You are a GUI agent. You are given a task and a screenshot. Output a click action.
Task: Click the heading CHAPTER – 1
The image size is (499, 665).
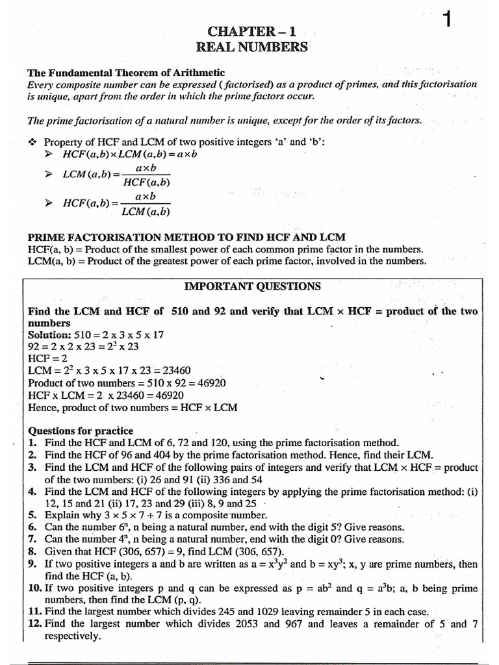254,31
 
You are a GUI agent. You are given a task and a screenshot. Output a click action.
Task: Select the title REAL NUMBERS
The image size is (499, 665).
253,47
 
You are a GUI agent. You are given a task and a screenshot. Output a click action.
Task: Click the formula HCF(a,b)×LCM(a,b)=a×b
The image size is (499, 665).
129,155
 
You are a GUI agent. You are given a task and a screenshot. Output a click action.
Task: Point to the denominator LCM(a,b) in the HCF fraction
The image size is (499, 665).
146,211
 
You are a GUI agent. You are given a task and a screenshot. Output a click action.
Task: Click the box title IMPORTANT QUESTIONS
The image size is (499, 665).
253,286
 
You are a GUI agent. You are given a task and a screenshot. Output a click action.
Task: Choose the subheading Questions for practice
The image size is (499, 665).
81,431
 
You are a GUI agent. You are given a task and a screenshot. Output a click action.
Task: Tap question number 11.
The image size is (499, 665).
34,612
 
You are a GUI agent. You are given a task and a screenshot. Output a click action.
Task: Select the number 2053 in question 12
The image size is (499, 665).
242,624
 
